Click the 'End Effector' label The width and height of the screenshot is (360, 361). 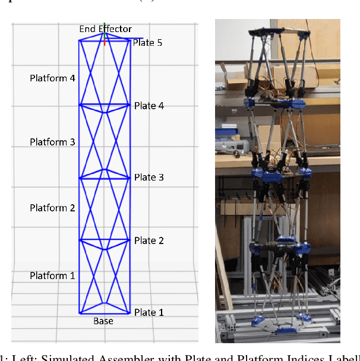point(105,28)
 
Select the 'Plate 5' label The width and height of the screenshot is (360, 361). point(147,43)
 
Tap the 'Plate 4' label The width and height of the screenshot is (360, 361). point(149,106)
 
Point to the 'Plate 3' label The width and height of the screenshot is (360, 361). point(149,178)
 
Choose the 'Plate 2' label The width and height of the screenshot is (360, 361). point(149,240)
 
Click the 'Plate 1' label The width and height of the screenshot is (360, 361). point(149,312)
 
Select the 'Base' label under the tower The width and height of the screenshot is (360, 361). point(103,321)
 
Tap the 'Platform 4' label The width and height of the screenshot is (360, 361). point(52,78)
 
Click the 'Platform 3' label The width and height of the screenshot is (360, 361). point(52,142)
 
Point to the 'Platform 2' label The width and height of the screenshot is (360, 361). point(52,208)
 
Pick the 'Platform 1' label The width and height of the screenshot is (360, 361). point(52,275)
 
